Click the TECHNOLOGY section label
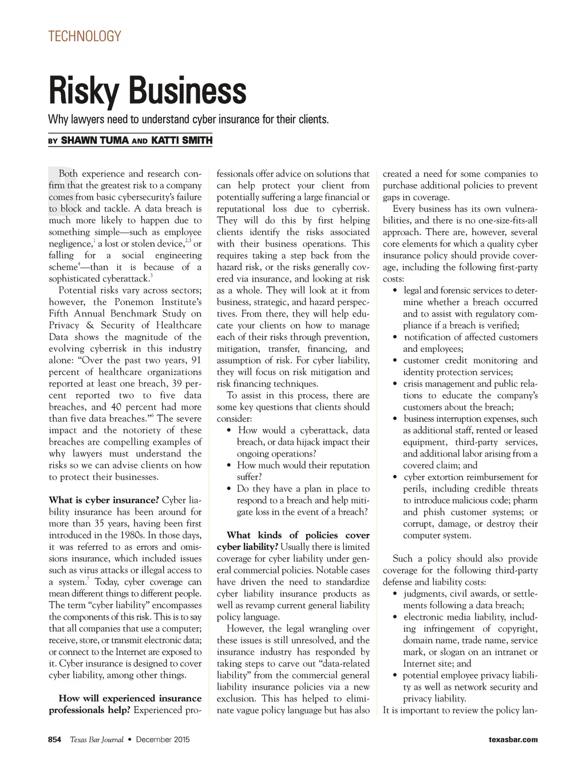click(85, 37)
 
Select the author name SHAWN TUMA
click(94, 140)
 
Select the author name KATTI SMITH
click(181, 140)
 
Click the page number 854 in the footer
click(55, 739)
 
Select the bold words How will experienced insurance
click(130, 698)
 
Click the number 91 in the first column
click(196, 360)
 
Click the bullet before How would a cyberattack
click(229, 431)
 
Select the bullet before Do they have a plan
click(229, 489)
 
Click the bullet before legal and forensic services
click(395, 291)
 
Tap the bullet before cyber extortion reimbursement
click(395, 477)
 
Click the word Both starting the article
click(69, 174)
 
